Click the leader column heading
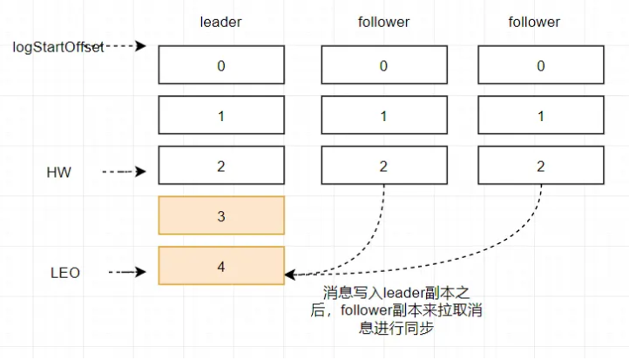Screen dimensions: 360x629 tap(220, 21)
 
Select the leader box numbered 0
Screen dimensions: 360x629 tap(221, 65)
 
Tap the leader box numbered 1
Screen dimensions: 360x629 tap(221, 114)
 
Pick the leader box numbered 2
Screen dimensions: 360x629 tap(221, 165)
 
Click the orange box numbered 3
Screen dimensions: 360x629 tap(221, 215)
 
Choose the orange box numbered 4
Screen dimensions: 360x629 tap(221, 266)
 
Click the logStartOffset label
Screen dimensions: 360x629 tap(58, 45)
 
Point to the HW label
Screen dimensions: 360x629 tap(58, 173)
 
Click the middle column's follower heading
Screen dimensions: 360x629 tap(384, 21)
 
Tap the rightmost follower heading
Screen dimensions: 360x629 tap(535, 21)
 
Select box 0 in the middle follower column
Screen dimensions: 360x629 tap(384, 65)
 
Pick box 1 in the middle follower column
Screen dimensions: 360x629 tap(384, 114)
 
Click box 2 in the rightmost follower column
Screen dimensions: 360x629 tap(540, 165)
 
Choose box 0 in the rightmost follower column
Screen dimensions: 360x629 tap(540, 65)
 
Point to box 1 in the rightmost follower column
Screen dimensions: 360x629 tap(540, 114)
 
